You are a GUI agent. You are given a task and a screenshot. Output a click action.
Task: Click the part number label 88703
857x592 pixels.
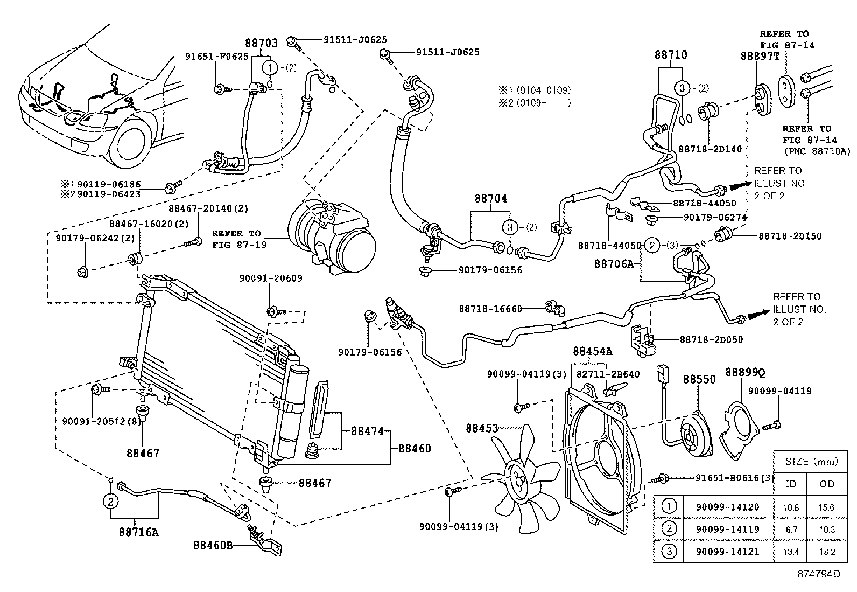click(262, 44)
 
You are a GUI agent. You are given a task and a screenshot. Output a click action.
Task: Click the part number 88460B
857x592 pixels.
click(213, 545)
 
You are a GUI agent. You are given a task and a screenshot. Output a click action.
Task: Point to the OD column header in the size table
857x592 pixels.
click(827, 483)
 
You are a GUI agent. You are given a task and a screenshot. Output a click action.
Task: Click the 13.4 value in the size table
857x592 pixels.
click(791, 552)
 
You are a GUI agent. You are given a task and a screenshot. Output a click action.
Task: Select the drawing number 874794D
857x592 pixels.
click(819, 574)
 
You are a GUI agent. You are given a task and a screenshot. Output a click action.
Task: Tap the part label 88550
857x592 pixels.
click(699, 379)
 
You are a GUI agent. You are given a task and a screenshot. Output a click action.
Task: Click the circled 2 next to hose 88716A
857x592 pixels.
click(110, 502)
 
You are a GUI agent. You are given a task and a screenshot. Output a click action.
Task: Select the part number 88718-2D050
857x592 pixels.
click(711, 339)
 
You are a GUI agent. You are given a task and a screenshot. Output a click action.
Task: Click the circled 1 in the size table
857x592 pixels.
click(669, 506)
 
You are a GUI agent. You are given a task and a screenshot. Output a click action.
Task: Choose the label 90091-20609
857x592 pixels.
click(271, 278)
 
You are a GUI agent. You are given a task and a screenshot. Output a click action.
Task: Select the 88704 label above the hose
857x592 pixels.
click(490, 198)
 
